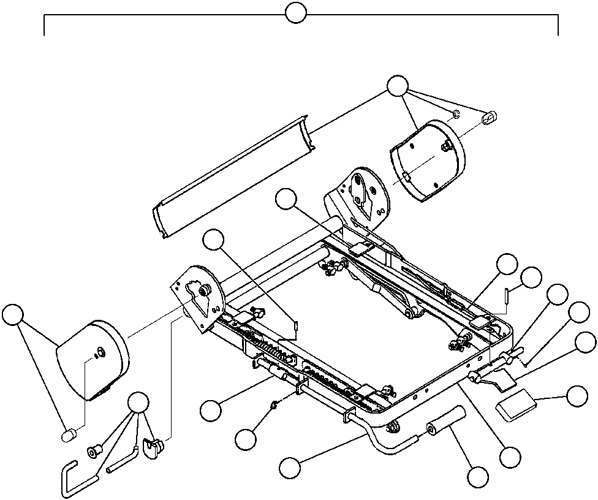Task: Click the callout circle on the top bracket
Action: [296, 13]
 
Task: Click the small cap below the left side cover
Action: [69, 434]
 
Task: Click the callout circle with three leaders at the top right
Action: [398, 86]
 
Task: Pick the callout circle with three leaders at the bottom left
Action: [139, 402]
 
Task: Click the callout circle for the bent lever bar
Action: [290, 468]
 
